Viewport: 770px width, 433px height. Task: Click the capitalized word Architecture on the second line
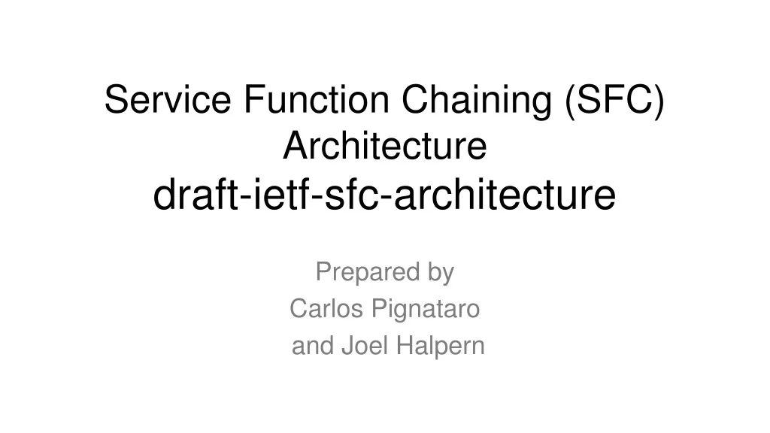385,147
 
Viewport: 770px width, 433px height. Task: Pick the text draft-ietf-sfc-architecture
385,195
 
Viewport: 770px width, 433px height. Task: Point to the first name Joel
367,346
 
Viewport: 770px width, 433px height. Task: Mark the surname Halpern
442,346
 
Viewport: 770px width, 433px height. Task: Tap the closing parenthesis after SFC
659,100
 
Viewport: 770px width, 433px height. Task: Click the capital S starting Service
114,100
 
